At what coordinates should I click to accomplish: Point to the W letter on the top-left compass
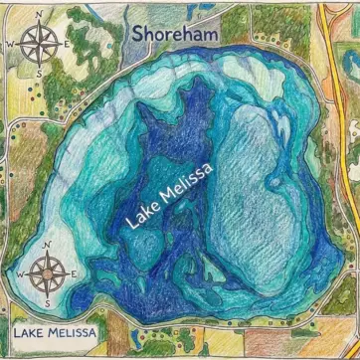click(x=10, y=45)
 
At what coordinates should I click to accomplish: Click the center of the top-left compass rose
click(x=38, y=44)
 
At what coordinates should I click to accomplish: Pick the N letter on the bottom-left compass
click(x=46, y=243)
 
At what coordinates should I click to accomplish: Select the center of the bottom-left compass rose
click(x=46, y=270)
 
